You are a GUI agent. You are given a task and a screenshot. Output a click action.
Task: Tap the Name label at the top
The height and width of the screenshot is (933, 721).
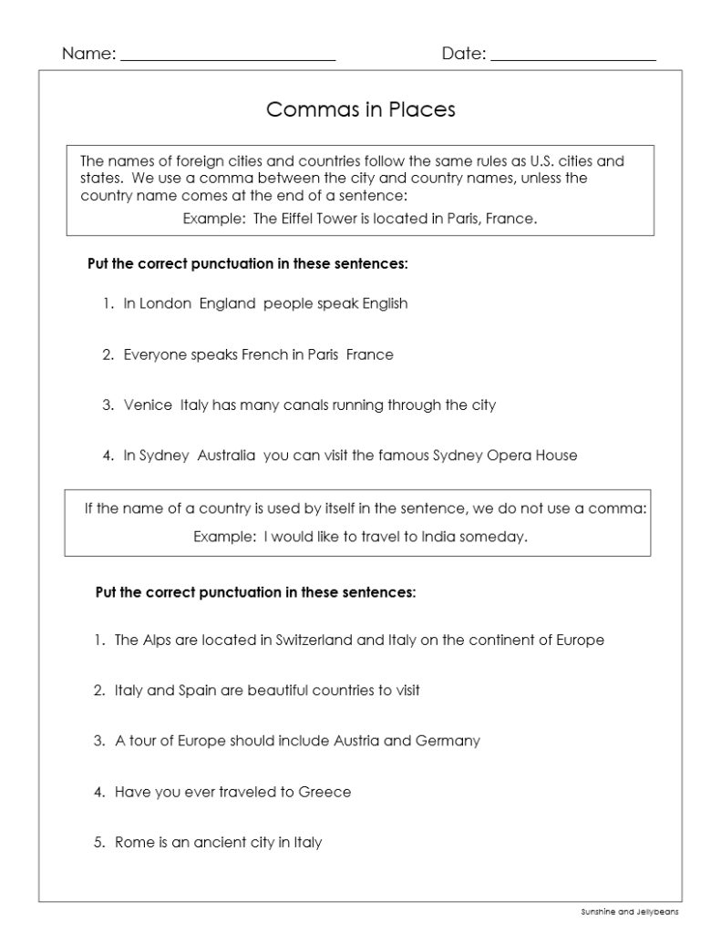tap(88, 54)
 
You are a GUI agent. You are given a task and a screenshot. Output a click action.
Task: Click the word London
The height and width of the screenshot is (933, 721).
tap(165, 303)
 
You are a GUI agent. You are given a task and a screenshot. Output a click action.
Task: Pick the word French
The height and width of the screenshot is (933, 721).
tap(264, 354)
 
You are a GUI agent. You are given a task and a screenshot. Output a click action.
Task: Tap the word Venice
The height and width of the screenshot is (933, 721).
tap(148, 405)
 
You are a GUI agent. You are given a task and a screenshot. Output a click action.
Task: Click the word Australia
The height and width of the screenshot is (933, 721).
tap(226, 455)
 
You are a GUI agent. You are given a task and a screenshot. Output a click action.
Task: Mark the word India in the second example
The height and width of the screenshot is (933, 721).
tap(438, 537)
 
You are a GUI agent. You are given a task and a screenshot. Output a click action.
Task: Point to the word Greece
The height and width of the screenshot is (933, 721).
tap(324, 792)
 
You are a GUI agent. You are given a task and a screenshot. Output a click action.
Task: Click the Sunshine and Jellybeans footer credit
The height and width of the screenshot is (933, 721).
tap(629, 910)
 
